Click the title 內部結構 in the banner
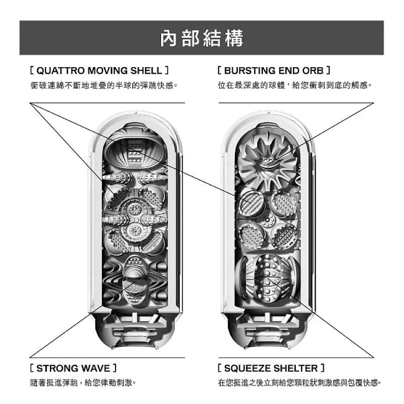[x=201, y=38]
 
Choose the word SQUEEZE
[x=248, y=368]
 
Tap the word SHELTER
[x=296, y=368]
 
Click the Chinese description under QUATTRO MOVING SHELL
[x=104, y=85]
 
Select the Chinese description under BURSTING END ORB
[x=294, y=85]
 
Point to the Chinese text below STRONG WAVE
[x=83, y=383]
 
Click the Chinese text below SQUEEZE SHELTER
[x=299, y=383]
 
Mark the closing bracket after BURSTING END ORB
[x=328, y=70]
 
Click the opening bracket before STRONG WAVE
[x=32, y=368]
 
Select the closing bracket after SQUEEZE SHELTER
[x=322, y=368]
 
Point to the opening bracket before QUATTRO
[x=32, y=70]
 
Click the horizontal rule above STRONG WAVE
[x=107, y=358]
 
